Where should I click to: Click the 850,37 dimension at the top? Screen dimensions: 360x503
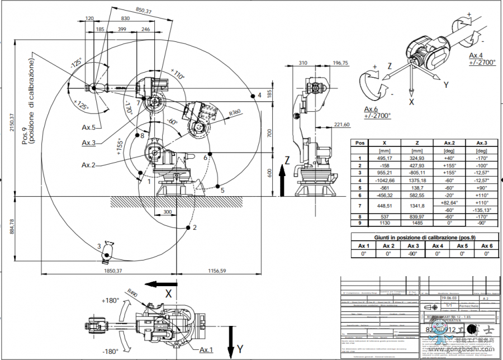click(x=144, y=10)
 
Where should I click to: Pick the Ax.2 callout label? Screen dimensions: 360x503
click(x=89, y=165)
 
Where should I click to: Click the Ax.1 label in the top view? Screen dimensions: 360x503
click(x=206, y=350)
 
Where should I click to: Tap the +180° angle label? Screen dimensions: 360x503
click(x=110, y=301)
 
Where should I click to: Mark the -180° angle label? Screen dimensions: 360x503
click(x=110, y=351)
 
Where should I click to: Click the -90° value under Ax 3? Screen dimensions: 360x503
click(x=414, y=253)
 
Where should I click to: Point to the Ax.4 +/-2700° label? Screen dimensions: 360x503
click(x=482, y=59)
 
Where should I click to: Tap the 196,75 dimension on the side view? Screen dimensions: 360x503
click(x=340, y=64)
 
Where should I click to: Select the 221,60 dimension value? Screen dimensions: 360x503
click(x=341, y=124)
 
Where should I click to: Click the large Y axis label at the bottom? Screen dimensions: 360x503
click(x=240, y=349)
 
